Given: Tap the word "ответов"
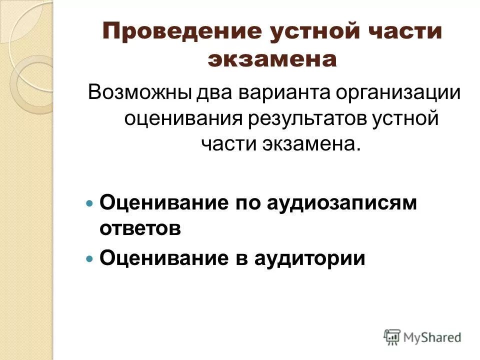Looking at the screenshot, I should click(140, 229).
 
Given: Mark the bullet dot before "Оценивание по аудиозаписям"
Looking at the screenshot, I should click(90, 204).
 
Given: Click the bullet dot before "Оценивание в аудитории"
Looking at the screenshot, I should click(90, 259).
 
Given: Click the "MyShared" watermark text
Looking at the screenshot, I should click(432, 337).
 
